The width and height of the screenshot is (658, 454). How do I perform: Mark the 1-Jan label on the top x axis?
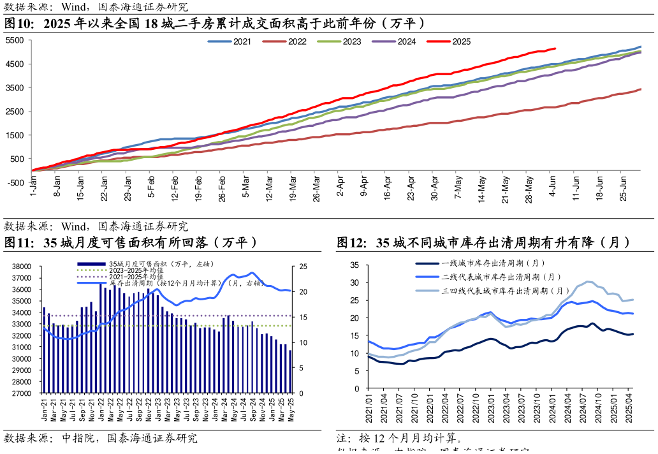(x=33, y=189)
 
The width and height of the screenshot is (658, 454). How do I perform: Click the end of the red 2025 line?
(x=555, y=48)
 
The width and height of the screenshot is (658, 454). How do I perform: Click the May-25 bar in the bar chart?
(x=291, y=372)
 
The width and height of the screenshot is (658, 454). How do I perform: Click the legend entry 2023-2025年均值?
(x=137, y=270)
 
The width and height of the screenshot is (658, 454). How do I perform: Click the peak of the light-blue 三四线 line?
(x=589, y=281)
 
